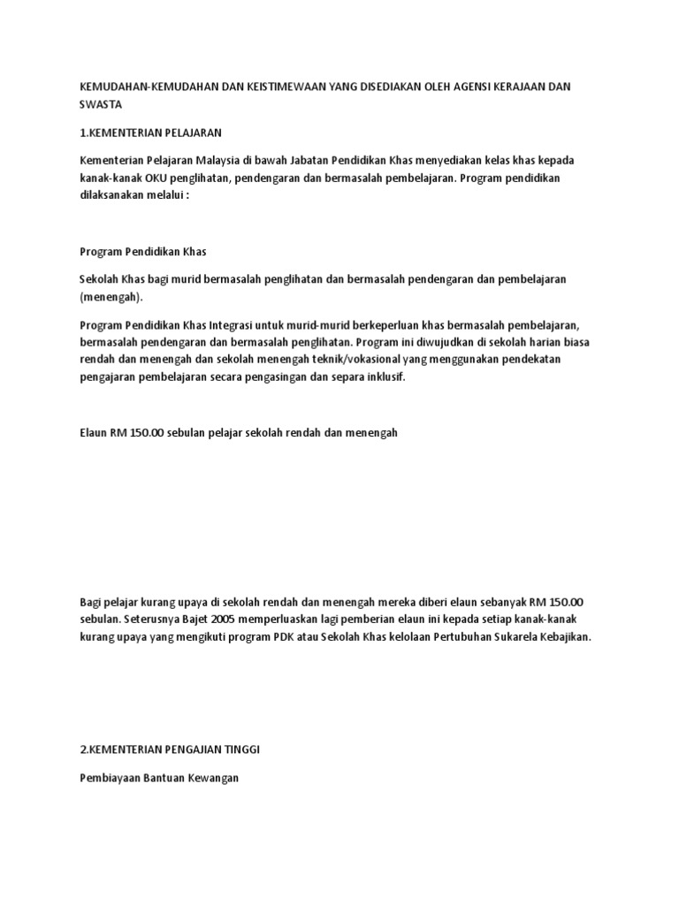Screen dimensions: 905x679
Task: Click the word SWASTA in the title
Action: (x=99, y=104)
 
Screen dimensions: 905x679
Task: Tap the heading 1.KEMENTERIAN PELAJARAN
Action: (x=150, y=133)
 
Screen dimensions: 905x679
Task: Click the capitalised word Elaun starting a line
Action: (x=95, y=432)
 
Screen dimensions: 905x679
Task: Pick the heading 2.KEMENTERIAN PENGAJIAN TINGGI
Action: (x=170, y=750)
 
